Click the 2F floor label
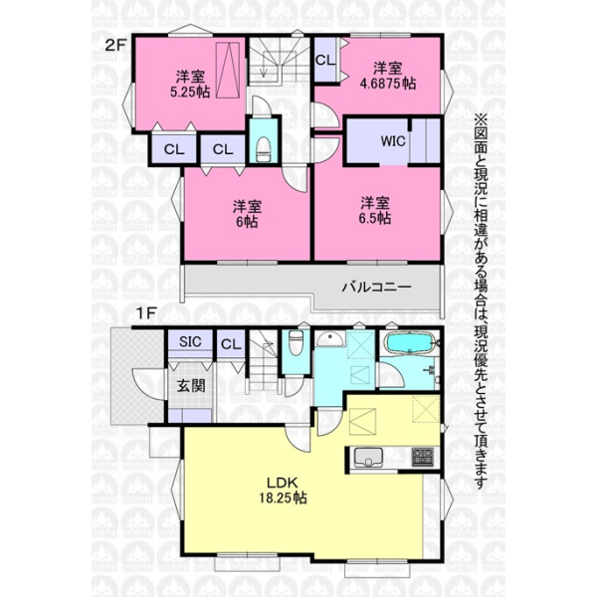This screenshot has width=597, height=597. click(115, 46)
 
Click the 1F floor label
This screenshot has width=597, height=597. click(146, 313)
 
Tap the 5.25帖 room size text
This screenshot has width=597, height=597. click(190, 92)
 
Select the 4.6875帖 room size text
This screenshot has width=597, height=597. click(388, 84)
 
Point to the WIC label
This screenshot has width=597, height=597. click(393, 141)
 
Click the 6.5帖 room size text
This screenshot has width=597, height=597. click(375, 218)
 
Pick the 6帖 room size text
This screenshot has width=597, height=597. click(247, 221)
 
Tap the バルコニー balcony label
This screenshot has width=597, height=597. click(377, 287)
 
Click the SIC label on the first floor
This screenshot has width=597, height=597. click(190, 341)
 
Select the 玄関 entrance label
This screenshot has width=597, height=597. click(191, 386)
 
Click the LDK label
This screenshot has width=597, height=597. click(283, 483)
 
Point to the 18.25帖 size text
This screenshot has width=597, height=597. click(284, 498)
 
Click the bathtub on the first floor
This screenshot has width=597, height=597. click(410, 343)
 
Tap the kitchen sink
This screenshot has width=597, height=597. click(368, 458)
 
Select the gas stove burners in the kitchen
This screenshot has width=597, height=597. click(422, 457)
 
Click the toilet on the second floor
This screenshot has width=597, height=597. click(264, 149)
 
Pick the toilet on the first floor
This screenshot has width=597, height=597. click(296, 342)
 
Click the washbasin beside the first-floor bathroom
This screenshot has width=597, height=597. click(331, 338)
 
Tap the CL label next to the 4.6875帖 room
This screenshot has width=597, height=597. click(325, 60)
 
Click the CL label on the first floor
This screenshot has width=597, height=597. click(231, 344)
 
